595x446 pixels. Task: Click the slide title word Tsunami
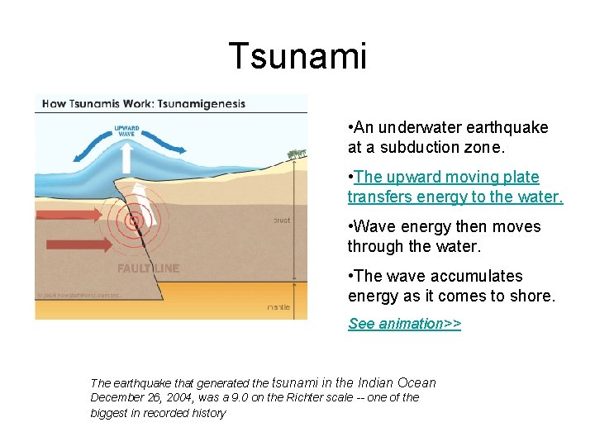pos(297,56)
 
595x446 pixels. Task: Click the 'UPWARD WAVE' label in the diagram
pos(126,131)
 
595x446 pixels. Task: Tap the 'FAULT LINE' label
pos(148,268)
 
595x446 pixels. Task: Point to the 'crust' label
pos(281,221)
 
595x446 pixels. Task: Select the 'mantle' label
pos(278,307)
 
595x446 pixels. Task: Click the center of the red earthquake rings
pos(132,221)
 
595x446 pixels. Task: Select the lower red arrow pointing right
pos(79,244)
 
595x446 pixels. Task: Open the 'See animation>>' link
pos(404,324)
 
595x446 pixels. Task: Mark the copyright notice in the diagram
pos(79,294)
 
